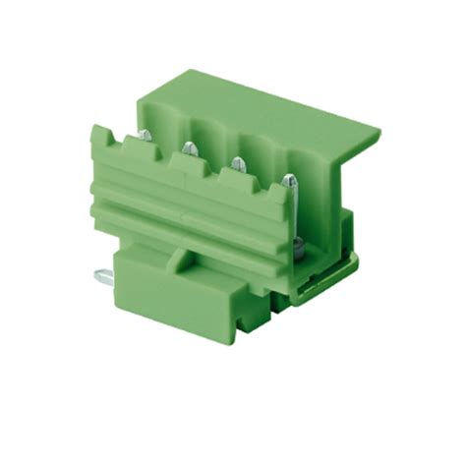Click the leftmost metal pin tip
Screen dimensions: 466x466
[x=144, y=135]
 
